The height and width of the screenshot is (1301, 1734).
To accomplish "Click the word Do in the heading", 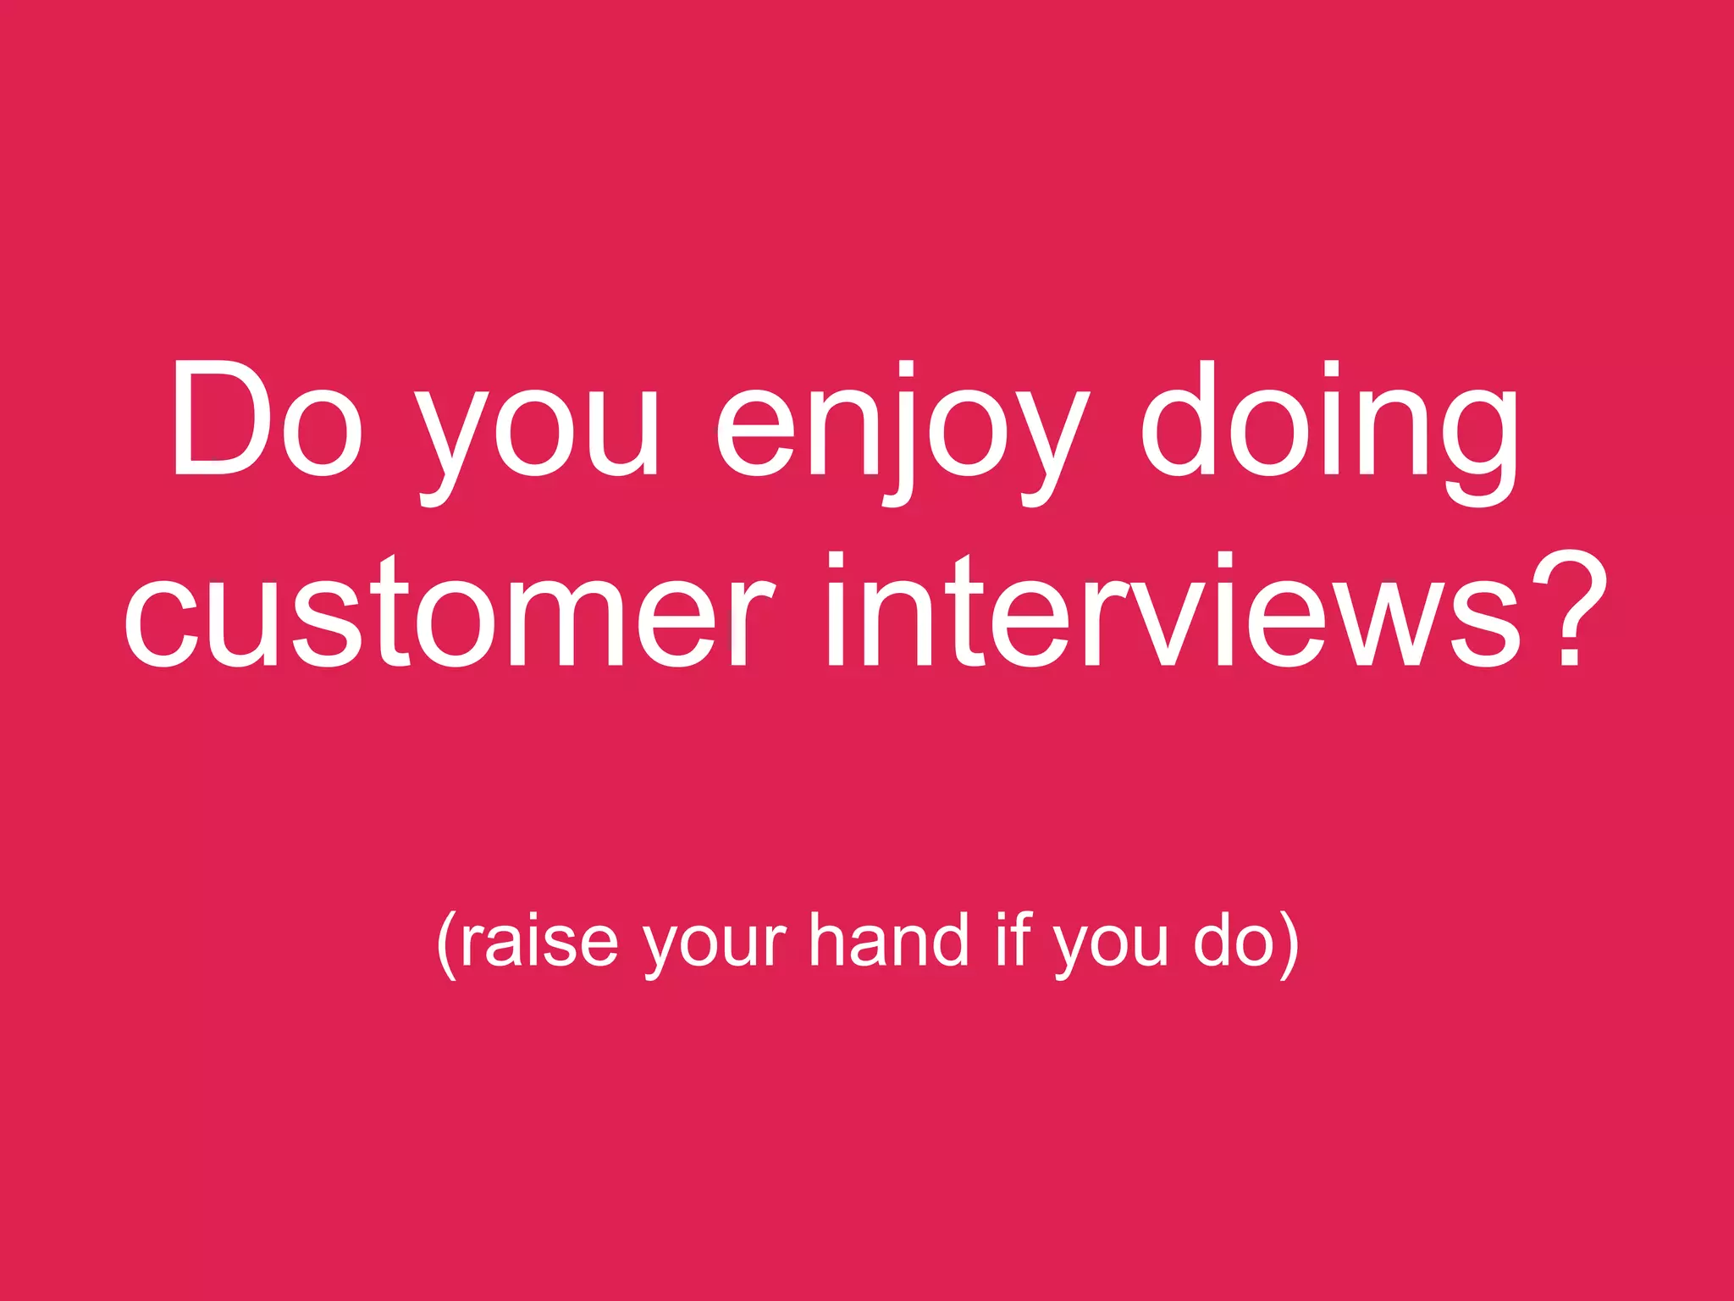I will pos(268,419).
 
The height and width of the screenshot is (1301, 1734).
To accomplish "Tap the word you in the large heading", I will pos(537,432).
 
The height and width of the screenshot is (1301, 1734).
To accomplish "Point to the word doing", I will pos(1329,432).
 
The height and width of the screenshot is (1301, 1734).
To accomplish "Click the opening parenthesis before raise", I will pos(447,944).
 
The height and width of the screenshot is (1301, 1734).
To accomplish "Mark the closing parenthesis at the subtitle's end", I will pos(1289,944).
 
